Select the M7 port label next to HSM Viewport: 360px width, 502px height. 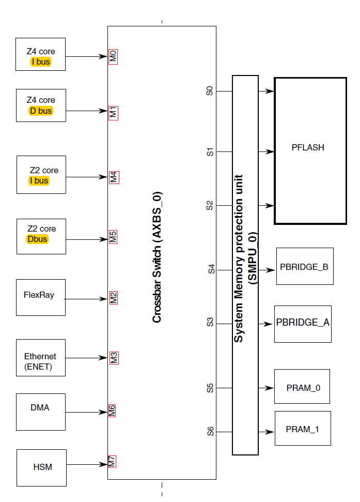point(112,461)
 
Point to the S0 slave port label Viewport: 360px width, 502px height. point(210,92)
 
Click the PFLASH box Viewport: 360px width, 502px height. point(310,150)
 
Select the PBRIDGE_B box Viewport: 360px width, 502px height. point(304,266)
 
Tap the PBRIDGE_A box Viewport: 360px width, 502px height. point(303,324)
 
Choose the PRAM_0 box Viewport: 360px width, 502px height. point(302,387)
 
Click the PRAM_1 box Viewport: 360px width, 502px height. point(302,429)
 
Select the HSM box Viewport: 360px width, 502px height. point(42,467)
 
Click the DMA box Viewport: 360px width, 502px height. point(41,412)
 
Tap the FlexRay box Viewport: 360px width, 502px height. point(41,297)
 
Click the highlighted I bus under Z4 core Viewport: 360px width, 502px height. point(41,63)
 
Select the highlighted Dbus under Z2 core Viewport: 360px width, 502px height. point(37,239)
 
